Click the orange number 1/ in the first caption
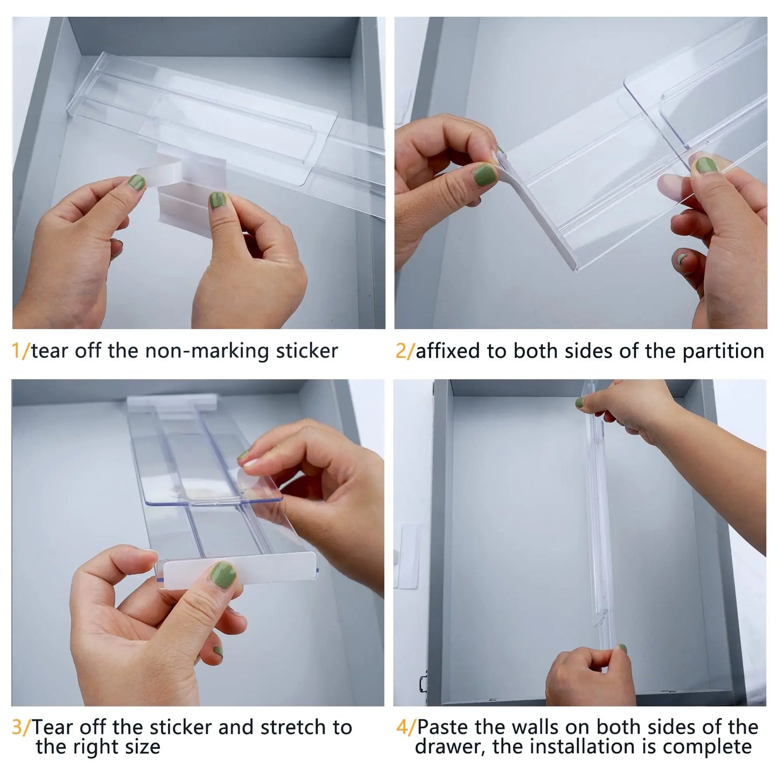point(21,351)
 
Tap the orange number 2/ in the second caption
point(405,351)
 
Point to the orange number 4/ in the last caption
point(406,727)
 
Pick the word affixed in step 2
point(449,351)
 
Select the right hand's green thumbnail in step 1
point(218,201)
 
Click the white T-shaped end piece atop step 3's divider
point(172,401)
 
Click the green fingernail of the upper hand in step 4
point(579,402)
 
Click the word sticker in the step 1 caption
point(307,351)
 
